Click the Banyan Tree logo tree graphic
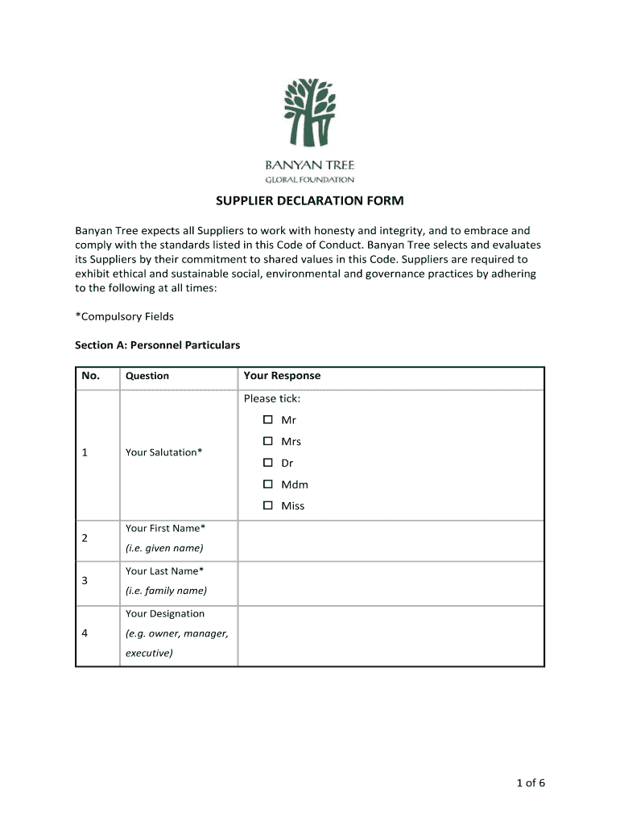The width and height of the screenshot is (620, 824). coord(310,113)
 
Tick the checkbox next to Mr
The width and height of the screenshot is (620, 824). coord(268,420)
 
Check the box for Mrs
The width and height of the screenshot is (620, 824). coord(268,441)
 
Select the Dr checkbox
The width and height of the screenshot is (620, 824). coord(268,463)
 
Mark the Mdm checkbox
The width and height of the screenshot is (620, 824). coord(268,484)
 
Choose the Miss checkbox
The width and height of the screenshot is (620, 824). coord(268,505)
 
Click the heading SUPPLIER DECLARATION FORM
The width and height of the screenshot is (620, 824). coord(309,200)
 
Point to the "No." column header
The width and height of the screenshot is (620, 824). coord(90,376)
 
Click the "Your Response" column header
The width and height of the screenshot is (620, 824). coord(282,376)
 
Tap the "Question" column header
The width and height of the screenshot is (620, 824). coord(147,376)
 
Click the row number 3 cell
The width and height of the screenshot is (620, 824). coord(85,581)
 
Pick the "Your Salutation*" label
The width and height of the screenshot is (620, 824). coord(164,452)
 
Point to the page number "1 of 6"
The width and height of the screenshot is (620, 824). coord(529,783)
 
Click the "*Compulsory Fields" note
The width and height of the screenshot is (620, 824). coord(124,316)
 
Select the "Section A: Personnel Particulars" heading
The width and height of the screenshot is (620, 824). coord(157,345)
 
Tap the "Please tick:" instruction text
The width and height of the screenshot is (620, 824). coord(272,398)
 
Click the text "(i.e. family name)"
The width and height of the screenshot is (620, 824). coord(166,591)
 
